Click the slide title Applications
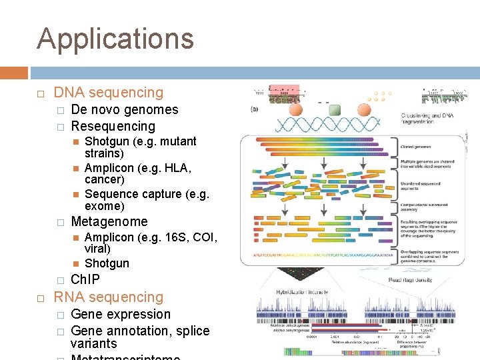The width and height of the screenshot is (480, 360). (115, 39)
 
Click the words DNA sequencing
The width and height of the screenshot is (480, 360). (108, 93)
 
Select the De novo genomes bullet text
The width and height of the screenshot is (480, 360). (124, 109)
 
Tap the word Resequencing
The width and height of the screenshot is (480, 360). (113, 126)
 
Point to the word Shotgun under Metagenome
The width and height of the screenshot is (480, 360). (107, 263)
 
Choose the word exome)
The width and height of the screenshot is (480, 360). (105, 207)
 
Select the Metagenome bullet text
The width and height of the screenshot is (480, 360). (109, 221)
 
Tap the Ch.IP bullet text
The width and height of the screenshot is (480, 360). (85, 279)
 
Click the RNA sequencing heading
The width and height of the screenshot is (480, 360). (108, 297)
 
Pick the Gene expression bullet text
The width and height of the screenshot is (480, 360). (120, 314)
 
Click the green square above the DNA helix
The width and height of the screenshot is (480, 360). (335, 109)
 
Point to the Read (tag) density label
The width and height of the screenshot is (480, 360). (413, 280)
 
